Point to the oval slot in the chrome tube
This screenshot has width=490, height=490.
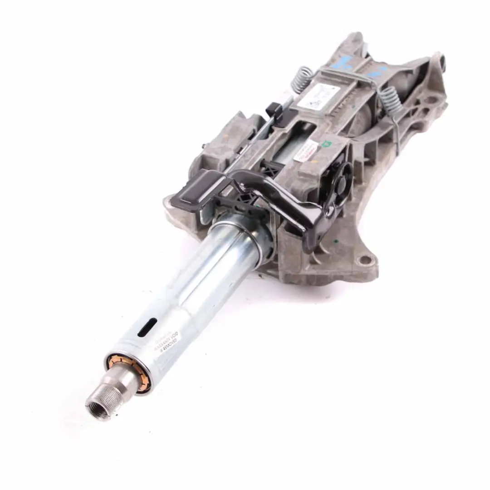[x=147, y=327]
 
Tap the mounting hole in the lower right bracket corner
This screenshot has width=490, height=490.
[x=363, y=261]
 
